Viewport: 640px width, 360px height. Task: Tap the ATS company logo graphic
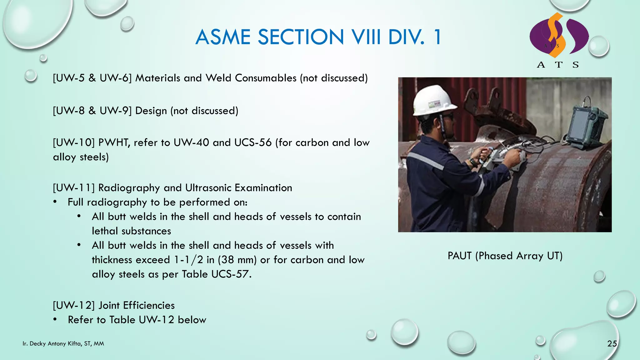[559, 36]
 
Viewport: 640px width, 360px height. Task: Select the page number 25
[612, 344]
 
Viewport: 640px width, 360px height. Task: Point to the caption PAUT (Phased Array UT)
[505, 256]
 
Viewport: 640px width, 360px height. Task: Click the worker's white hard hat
[433, 100]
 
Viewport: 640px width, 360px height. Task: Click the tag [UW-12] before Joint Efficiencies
[74, 305]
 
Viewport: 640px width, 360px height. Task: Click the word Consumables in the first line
[265, 78]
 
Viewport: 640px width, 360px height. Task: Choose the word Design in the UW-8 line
[151, 111]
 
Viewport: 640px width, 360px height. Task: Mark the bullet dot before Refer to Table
[55, 319]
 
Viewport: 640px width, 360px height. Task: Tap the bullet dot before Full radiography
[55, 202]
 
